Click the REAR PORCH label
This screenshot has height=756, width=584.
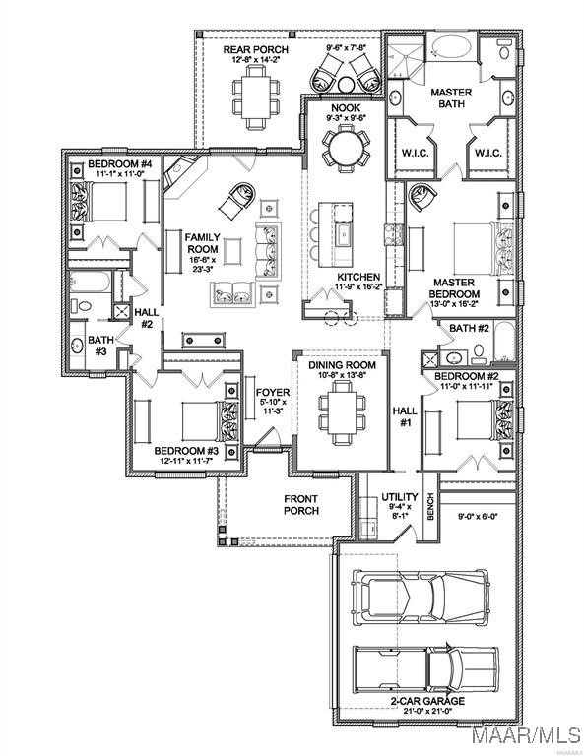tap(256, 49)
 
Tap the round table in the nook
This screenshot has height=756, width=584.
tap(346, 148)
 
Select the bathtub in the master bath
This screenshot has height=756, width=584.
tap(451, 47)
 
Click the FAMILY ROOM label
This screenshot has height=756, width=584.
tap(203, 243)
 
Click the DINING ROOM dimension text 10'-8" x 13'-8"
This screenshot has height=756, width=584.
tap(342, 375)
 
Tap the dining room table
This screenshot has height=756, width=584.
tap(343, 412)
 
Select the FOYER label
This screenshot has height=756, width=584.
tap(273, 393)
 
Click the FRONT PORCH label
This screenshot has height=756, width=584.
tap(301, 504)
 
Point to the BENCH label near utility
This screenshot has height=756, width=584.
tap(430, 506)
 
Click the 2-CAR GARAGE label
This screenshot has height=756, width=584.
tap(427, 701)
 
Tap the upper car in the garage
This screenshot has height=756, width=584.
tap(421, 596)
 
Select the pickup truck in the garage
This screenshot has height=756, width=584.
tap(425, 670)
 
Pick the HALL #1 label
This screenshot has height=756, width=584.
tap(405, 417)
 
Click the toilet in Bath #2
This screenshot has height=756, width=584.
tap(479, 354)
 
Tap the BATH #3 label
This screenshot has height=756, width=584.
tap(100, 346)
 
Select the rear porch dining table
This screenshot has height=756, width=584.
tap(256, 96)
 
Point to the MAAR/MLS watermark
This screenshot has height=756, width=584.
tap(527, 734)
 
